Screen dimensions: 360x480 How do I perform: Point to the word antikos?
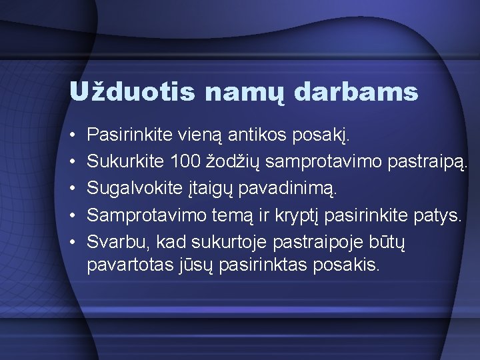click(x=263, y=135)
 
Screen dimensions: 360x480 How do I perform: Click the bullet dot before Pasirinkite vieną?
click(x=72, y=136)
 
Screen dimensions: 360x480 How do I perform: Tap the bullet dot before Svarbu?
click(x=72, y=241)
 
